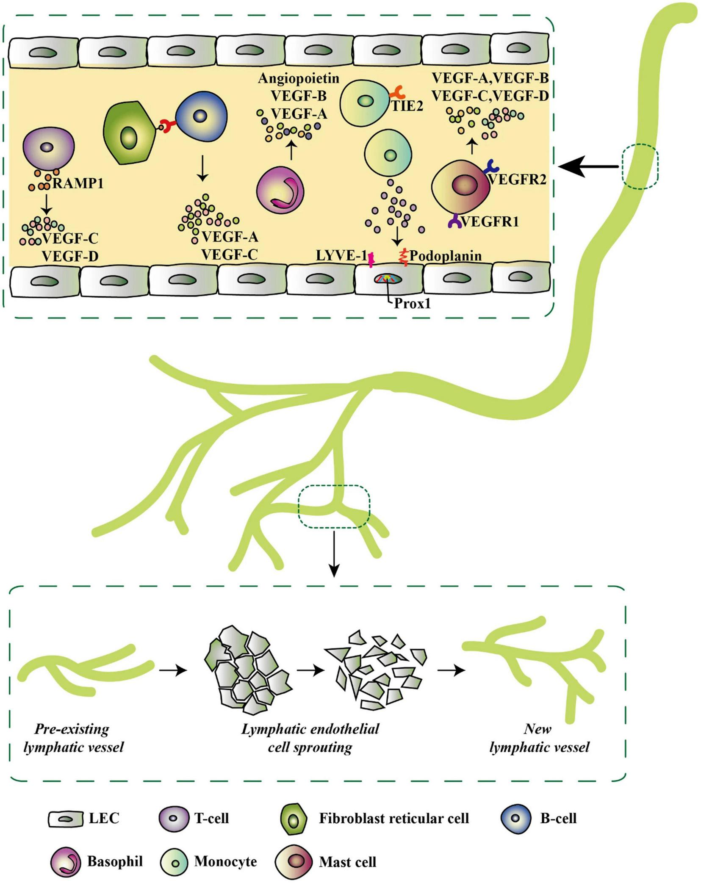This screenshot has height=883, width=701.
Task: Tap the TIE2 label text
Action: tap(407, 106)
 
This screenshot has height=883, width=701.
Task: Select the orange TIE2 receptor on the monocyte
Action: tap(397, 92)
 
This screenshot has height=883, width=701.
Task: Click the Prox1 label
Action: tap(412, 304)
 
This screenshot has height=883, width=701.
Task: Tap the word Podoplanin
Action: tap(445, 256)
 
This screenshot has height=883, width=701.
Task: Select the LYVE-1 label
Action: tap(341, 256)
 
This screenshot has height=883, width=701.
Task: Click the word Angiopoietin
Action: tap(299, 79)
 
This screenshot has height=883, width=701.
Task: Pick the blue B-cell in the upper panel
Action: tap(201, 115)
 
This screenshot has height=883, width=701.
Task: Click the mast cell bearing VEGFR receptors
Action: tap(460, 186)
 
